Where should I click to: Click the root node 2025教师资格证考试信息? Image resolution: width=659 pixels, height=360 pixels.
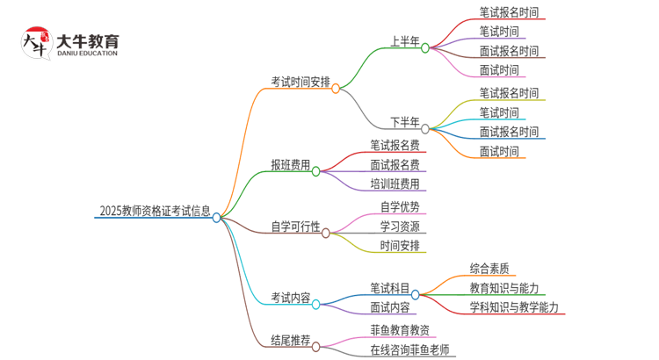click(155, 211)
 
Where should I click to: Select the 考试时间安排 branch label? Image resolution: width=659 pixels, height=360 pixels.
click(301, 82)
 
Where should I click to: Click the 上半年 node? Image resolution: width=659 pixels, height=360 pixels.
click(405, 40)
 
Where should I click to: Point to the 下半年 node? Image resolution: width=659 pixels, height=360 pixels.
click(405, 122)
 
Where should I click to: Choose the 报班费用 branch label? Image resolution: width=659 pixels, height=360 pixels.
click(291, 164)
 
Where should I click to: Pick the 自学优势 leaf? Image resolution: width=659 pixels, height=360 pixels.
click(400, 207)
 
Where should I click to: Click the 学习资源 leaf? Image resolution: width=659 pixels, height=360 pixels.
click(400, 227)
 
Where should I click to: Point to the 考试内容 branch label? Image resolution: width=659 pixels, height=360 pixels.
click(291, 298)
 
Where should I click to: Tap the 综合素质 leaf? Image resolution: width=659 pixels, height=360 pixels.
click(492, 269)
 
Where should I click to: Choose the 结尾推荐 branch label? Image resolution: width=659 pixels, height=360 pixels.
click(291, 340)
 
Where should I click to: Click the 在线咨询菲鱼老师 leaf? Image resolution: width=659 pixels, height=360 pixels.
click(409, 349)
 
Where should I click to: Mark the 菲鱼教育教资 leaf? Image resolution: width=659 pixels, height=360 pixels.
click(400, 330)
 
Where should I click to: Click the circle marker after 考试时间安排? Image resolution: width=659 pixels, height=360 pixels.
click(336, 88)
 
